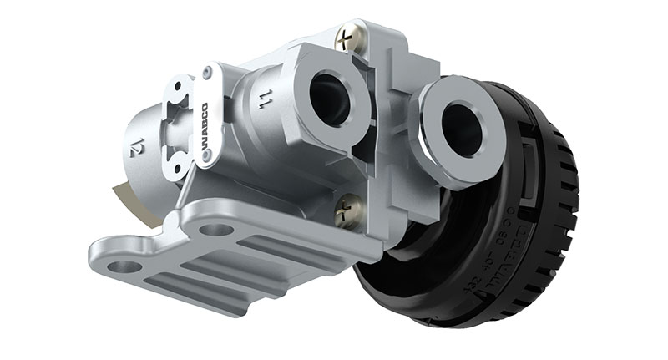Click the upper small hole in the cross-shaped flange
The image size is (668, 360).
(x=178, y=88)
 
